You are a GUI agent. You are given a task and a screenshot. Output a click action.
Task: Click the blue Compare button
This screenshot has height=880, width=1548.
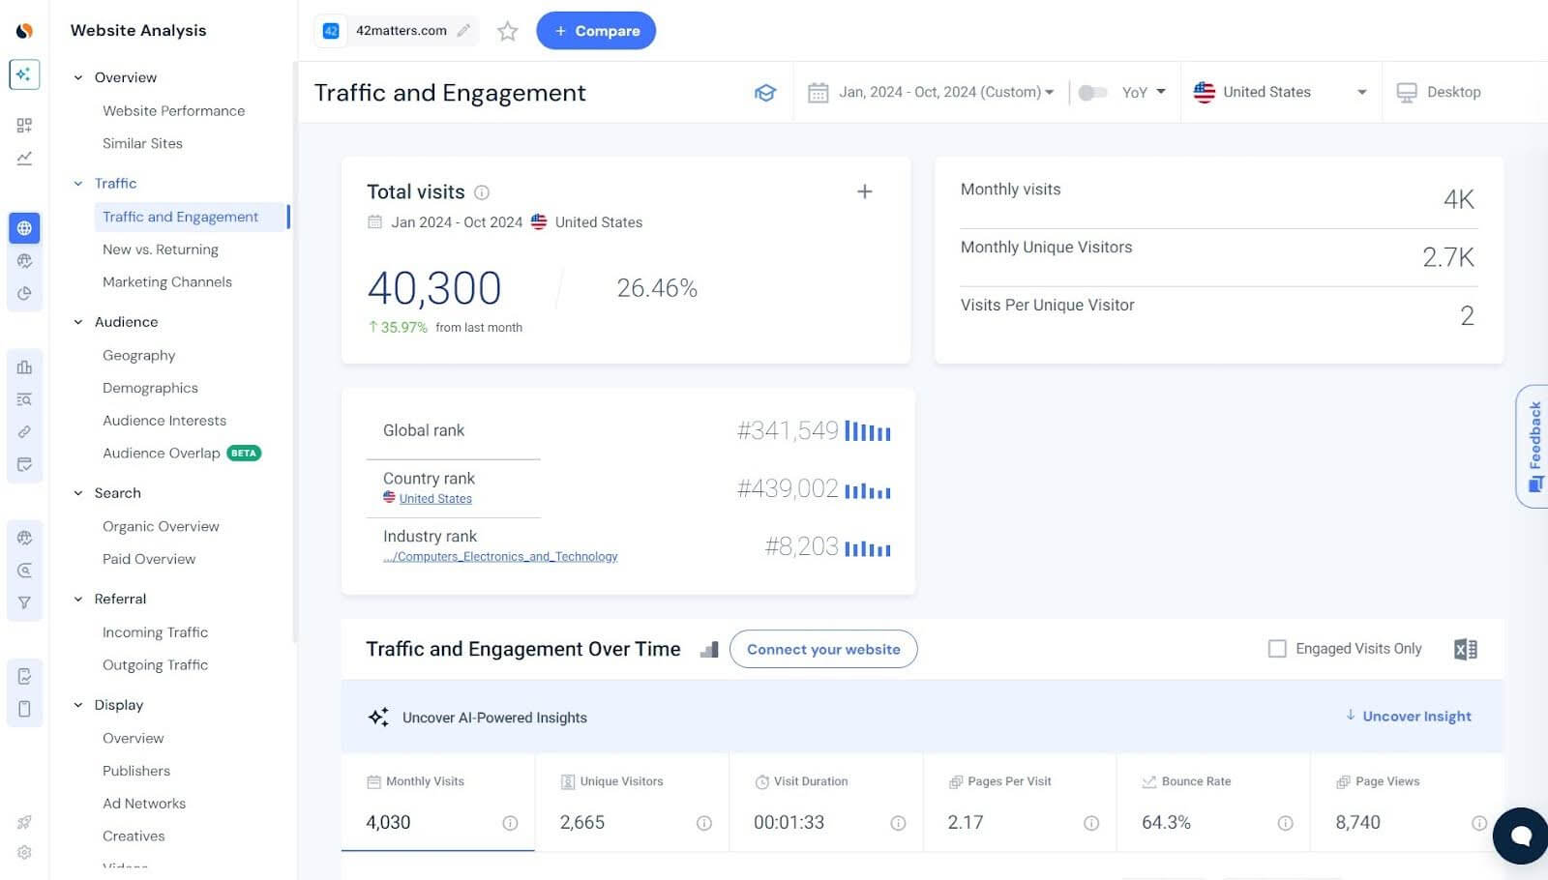coord(596,31)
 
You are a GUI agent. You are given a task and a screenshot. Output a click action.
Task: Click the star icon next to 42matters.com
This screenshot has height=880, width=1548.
coord(507,32)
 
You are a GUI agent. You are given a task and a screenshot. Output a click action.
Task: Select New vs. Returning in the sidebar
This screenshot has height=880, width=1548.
coord(161,249)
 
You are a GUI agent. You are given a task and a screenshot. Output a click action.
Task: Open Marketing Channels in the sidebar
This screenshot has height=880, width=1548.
coord(167,282)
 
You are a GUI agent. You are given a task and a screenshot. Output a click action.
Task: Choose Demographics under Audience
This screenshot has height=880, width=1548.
coord(150,388)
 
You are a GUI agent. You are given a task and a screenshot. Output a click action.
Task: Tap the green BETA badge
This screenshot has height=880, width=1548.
coord(244,454)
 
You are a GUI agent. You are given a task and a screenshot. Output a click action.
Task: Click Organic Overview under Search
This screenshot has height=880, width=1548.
coord(161,526)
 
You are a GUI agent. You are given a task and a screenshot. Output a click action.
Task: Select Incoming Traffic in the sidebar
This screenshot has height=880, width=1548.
coord(155,632)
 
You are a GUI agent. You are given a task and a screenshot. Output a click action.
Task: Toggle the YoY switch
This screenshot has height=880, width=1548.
coord(1092,93)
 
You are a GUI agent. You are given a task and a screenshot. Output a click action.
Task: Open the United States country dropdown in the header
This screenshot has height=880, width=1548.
coord(1279,92)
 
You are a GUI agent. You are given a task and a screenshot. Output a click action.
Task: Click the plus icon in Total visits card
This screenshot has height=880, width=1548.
coord(865,191)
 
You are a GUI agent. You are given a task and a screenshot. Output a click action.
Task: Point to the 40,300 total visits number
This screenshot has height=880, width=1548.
coord(434,288)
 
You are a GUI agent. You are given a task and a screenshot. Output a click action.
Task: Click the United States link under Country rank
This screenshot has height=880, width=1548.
coord(435,499)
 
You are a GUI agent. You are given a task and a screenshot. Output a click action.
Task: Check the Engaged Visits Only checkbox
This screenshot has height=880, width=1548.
coord(1277,649)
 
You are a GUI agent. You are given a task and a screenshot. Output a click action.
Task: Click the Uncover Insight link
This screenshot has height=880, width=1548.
coord(1415,717)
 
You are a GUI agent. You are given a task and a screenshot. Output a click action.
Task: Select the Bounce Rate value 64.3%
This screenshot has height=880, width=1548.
coord(1166,823)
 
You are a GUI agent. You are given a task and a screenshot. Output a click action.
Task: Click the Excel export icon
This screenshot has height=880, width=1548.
coord(1465,650)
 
